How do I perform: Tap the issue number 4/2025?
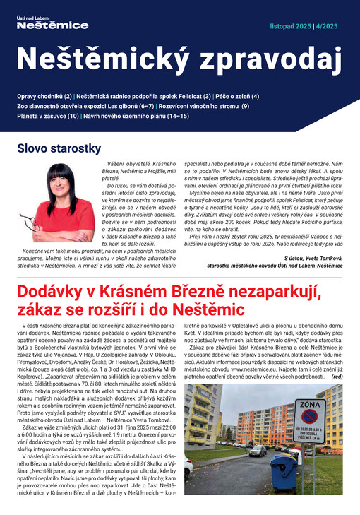pyautogui.click(x=332, y=26)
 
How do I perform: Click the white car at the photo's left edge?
pyautogui.click(x=189, y=467)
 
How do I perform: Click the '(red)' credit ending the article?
pyautogui.click(x=336, y=377)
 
